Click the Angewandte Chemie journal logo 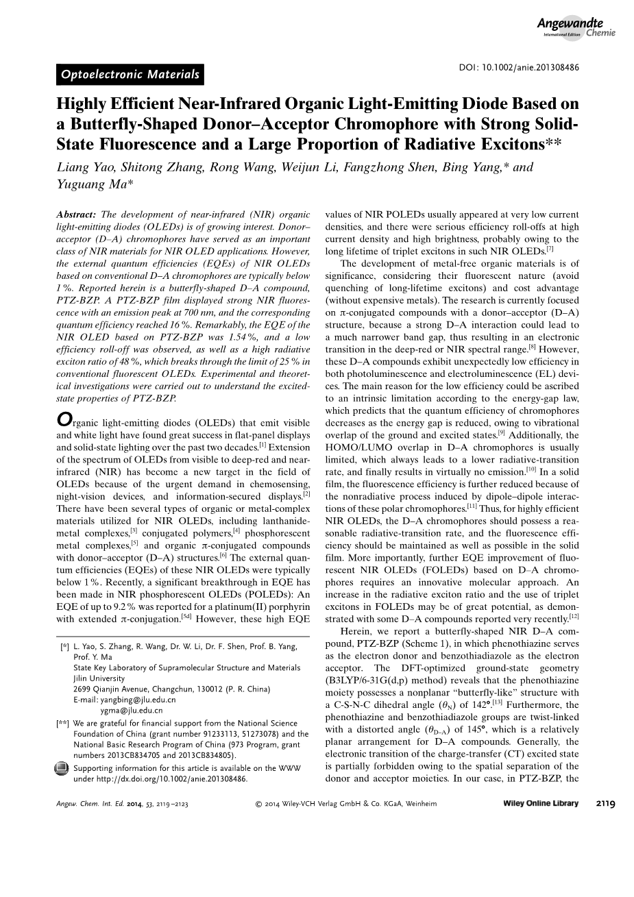pos(578,27)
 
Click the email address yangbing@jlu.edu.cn pos(127,700)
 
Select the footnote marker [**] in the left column pos(62,723)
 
